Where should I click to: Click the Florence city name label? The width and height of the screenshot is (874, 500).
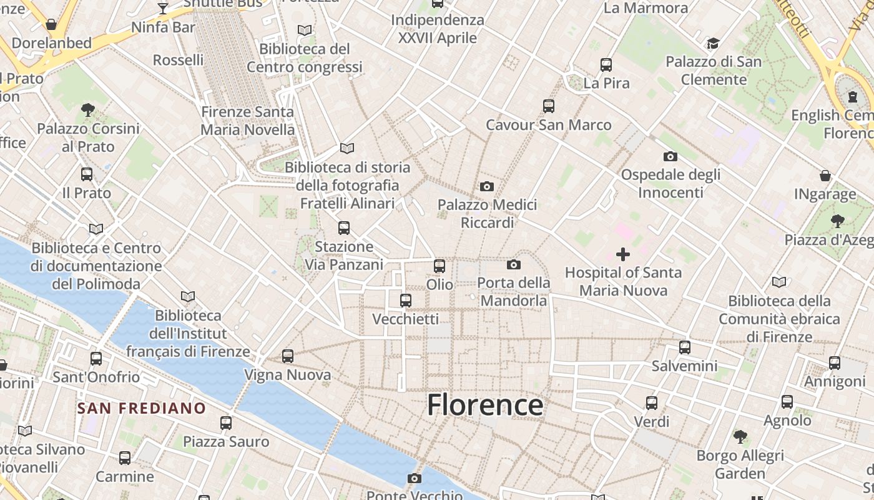(485, 405)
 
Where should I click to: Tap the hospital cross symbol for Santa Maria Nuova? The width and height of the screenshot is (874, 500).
(623, 254)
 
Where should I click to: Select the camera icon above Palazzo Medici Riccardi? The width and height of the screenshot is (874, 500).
(487, 186)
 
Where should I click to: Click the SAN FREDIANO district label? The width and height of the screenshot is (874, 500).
(141, 409)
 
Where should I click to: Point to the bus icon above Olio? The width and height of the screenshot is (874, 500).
(439, 266)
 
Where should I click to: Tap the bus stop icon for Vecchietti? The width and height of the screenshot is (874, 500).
(406, 301)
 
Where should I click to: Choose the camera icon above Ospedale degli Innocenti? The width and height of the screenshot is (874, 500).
(670, 156)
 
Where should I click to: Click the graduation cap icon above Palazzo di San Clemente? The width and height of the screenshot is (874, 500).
(713, 43)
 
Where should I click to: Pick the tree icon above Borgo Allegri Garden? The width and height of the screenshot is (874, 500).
(740, 436)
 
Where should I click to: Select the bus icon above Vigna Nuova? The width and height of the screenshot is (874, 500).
(287, 356)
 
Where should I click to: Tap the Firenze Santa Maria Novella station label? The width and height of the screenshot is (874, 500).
(247, 121)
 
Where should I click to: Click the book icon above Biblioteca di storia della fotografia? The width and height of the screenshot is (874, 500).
(347, 149)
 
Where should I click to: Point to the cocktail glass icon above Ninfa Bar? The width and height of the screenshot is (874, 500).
(163, 8)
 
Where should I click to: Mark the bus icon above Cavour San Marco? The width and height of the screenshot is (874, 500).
(549, 106)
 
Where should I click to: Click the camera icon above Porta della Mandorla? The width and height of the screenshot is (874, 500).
(514, 265)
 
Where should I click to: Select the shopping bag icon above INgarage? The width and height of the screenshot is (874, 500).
(825, 176)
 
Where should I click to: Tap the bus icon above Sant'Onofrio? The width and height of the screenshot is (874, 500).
(96, 359)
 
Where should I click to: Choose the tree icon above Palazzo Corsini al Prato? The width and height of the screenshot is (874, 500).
(88, 110)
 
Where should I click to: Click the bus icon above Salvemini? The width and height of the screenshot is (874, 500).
(685, 347)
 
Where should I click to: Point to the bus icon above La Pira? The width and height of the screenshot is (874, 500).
(606, 64)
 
